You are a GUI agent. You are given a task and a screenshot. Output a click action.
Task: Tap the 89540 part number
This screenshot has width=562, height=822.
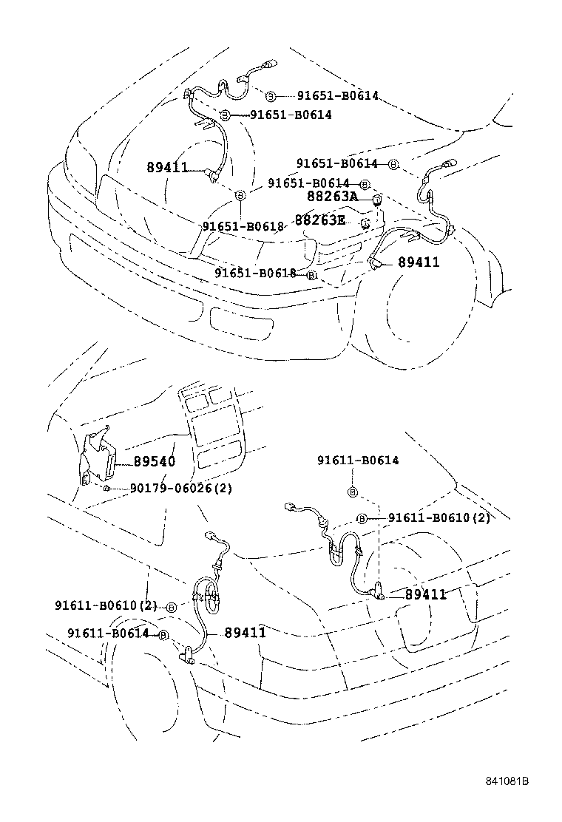[154, 462]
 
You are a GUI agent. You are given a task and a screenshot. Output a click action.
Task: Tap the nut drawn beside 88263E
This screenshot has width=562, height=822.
[365, 223]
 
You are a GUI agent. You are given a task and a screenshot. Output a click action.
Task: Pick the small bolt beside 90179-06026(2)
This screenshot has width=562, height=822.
[108, 488]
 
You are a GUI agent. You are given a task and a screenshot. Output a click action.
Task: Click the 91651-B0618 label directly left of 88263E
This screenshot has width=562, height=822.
[243, 226]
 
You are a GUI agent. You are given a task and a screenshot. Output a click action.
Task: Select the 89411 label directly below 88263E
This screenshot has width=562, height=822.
[419, 262]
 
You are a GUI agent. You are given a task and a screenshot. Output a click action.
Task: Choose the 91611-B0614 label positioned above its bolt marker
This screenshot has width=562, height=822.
[358, 461]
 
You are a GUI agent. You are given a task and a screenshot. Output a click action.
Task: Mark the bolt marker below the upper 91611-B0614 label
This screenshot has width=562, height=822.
[353, 492]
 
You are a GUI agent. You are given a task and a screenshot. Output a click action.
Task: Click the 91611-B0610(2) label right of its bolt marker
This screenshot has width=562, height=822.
[439, 518]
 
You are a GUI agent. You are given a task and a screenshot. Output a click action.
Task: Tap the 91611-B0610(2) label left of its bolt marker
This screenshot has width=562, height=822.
[105, 605]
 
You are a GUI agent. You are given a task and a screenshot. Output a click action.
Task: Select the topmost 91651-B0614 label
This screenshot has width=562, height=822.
[338, 96]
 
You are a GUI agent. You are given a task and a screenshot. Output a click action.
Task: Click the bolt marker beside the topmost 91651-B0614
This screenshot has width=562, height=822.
[271, 97]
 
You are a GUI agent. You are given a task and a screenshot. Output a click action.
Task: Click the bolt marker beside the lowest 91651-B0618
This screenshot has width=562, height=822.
[312, 274]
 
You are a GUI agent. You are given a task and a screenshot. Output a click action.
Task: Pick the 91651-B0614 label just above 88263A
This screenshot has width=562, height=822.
[308, 183]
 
